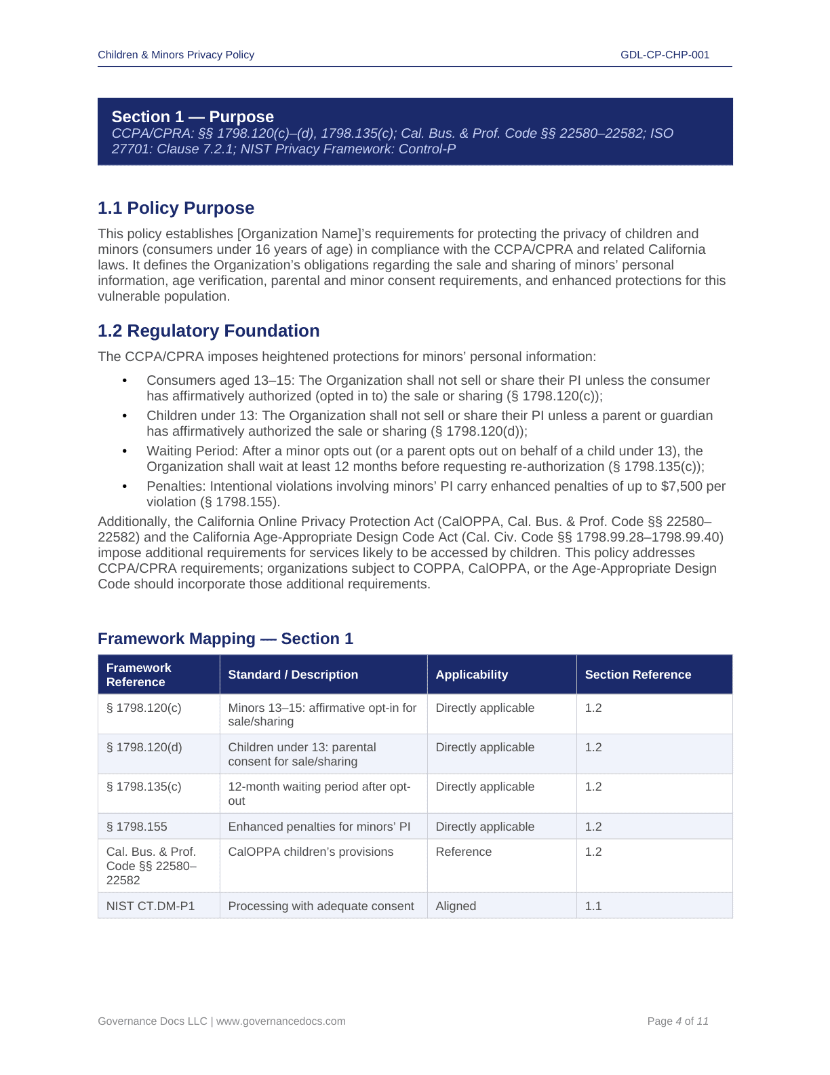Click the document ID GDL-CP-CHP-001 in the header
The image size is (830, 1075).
click(665, 55)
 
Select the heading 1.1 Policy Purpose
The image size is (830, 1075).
click(176, 208)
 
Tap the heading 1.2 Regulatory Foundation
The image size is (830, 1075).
click(208, 331)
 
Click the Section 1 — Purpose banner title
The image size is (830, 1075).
click(193, 117)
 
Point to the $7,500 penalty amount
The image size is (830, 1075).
click(680, 487)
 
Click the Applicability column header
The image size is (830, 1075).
click(471, 675)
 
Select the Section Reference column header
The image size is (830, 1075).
click(637, 675)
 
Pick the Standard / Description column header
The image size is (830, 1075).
click(293, 675)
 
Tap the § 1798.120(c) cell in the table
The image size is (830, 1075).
click(144, 708)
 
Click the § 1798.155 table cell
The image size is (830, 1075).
click(137, 827)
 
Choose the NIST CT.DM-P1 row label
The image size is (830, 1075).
click(151, 906)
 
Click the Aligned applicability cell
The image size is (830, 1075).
click(456, 906)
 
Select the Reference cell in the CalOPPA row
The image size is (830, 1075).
click(463, 852)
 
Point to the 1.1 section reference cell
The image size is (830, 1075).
click(593, 906)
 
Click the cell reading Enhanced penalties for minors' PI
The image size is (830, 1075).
click(319, 827)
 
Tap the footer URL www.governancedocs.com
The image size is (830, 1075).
click(281, 1021)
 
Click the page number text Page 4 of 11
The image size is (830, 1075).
click(677, 1021)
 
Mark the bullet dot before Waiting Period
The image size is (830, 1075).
click(125, 451)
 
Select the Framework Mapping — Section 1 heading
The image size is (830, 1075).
click(225, 639)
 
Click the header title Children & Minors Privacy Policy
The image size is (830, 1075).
click(176, 55)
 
